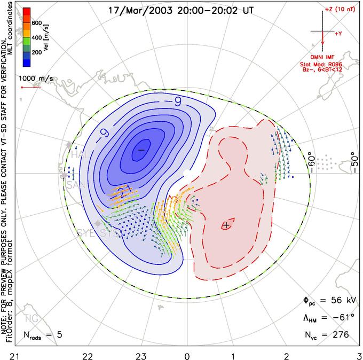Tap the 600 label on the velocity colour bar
pyautogui.click(x=36, y=24)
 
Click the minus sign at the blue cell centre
pyautogui.click(x=141, y=150)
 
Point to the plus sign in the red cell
pyautogui.click(x=226, y=225)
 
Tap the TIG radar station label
pyautogui.click(x=32, y=319)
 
